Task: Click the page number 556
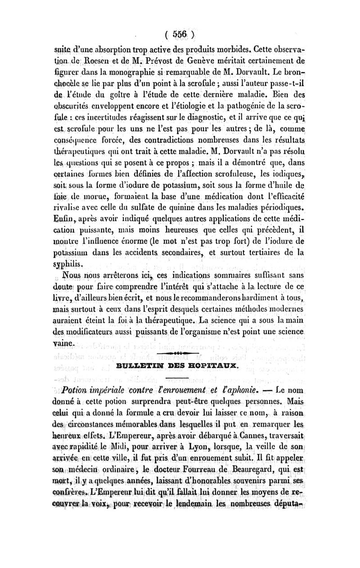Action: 180,35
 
